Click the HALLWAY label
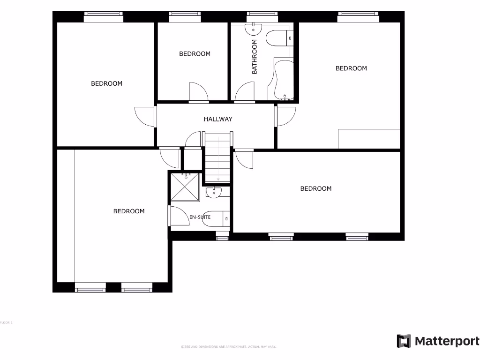[x=218, y=119]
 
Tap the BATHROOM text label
[x=255, y=57]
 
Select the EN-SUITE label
[x=200, y=217]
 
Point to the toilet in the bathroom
[x=278, y=38]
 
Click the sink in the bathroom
[x=254, y=29]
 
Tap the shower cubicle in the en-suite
[x=186, y=187]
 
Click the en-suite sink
[x=215, y=192]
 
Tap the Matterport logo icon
[x=404, y=341]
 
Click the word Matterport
[x=446, y=341]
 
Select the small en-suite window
[x=222, y=238]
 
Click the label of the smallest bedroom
[x=195, y=54]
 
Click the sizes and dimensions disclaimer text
[x=229, y=347]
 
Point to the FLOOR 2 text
[x=6, y=322]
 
